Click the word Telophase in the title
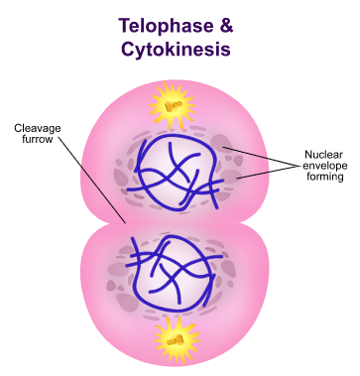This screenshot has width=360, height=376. point(166,26)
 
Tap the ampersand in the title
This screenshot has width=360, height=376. point(226,26)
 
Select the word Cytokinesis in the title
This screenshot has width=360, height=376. point(176,49)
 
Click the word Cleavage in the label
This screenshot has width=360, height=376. point(38,128)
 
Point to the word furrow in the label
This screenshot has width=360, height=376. point(38,139)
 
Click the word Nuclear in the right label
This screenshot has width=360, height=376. point(319,155)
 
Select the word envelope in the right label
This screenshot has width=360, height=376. point(320,166)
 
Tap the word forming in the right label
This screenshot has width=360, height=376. point(325,177)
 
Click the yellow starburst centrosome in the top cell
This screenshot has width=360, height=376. point(173,106)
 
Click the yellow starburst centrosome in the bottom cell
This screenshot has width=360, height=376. point(176,340)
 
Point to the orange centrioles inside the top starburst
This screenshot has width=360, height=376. point(173,106)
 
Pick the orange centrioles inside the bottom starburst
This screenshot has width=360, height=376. point(176,340)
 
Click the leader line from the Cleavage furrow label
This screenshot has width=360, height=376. point(92,180)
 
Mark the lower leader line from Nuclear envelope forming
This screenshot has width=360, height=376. point(267,173)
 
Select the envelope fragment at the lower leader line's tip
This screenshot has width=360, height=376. point(231,177)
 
